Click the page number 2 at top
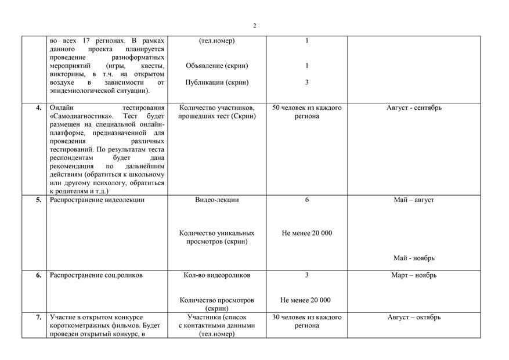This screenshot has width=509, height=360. click(254, 26)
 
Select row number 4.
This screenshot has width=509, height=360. click(39, 107)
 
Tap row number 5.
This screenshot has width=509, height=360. click(39, 200)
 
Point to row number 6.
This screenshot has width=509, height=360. click(39, 275)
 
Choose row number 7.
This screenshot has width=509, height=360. click(39, 317)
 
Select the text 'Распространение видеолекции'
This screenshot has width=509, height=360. click(97, 200)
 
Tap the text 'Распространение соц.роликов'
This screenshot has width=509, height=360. click(96, 275)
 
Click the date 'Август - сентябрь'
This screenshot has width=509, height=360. click(414, 107)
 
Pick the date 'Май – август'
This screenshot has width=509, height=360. click(414, 200)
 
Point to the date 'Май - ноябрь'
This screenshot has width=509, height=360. click(414, 258)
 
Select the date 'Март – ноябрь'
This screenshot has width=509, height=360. click(414, 275)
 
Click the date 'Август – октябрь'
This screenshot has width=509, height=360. click(414, 317)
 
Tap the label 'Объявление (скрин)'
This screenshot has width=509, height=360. click(216, 66)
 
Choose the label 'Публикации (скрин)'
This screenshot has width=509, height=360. click(216, 82)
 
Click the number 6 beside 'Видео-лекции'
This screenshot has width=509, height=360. click(306, 200)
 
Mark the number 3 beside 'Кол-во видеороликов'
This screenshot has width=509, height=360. click(306, 275)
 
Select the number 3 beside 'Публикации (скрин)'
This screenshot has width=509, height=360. click(306, 82)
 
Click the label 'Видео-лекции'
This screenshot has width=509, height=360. click(216, 200)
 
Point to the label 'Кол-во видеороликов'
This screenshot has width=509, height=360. click(216, 275)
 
